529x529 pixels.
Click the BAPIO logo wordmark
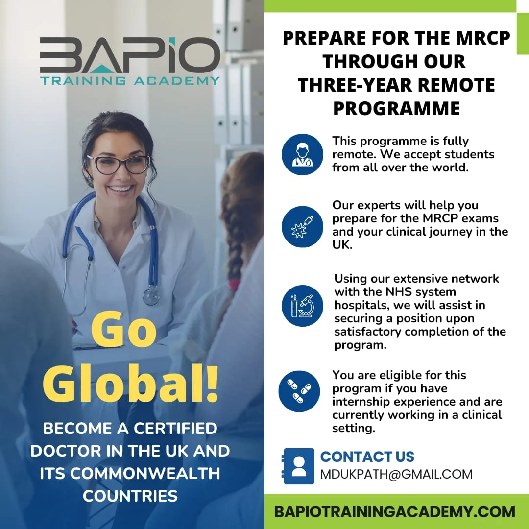(130, 55)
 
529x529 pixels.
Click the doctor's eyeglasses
(118, 165)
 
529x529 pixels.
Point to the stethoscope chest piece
(151, 295)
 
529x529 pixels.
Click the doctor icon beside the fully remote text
(302, 154)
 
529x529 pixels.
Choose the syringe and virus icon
(302, 226)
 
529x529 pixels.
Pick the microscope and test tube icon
(302, 306)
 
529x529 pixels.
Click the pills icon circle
(299, 391)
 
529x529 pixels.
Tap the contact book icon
(298, 466)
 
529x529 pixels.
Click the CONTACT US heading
(367, 457)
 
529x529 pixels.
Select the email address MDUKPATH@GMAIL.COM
(396, 474)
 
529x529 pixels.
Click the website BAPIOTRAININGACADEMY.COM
(394, 512)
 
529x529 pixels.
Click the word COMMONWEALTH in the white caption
(144, 474)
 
